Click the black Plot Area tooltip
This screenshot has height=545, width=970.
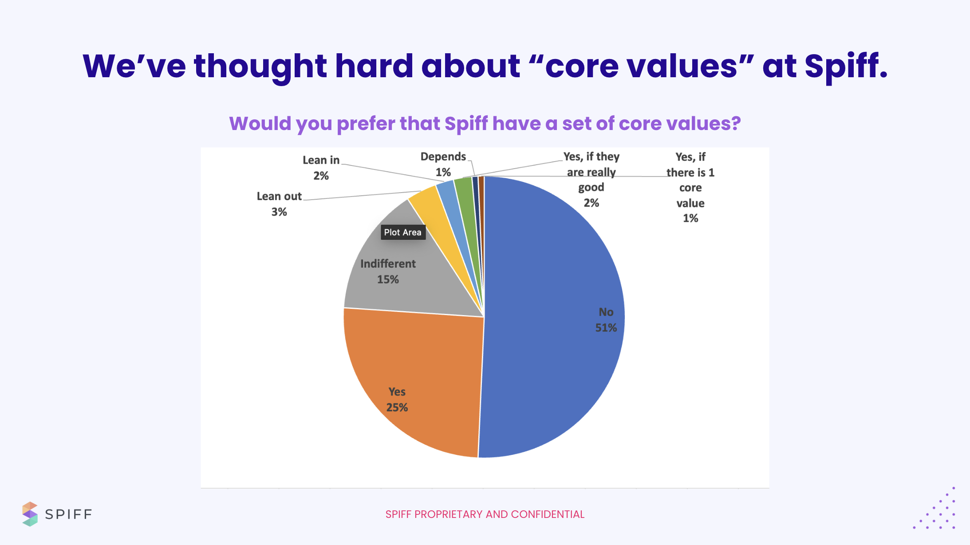point(403,232)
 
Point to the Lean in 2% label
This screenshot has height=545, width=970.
point(321,167)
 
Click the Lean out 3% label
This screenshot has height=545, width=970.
point(279,204)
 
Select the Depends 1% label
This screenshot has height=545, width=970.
point(443,164)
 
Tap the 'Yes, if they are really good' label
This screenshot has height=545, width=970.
point(591,179)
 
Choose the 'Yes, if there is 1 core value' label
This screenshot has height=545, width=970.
point(690,187)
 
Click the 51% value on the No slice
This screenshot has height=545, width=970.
point(606,328)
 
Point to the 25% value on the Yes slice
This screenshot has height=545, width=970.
point(397,407)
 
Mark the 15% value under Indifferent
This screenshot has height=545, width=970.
point(388,279)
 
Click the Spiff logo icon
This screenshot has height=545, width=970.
point(30,514)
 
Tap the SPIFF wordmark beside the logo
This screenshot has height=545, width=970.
point(68,514)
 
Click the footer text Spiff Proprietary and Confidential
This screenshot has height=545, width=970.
point(485,514)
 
